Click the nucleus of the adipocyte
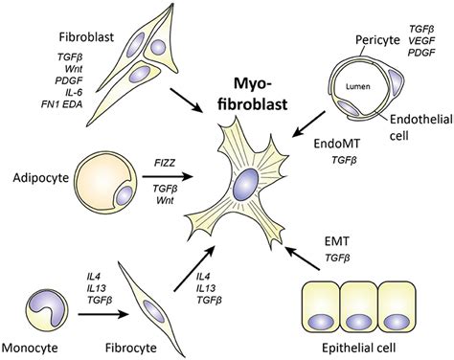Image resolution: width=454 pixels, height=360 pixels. pyautogui.click(x=125, y=196)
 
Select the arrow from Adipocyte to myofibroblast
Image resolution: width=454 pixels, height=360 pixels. pyautogui.click(x=182, y=177)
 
